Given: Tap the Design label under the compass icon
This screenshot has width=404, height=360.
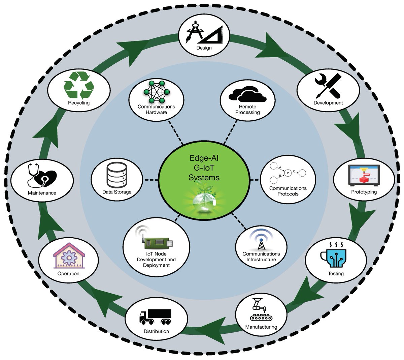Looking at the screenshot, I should tap(204, 48).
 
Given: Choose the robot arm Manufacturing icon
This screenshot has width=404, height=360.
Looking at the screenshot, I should tap(261, 309).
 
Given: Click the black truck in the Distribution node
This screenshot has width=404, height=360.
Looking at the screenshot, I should tap(156, 316).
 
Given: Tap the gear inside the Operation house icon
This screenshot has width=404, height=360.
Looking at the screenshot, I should tap(69, 258).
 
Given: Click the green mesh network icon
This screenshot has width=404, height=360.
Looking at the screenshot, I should tap(156, 92).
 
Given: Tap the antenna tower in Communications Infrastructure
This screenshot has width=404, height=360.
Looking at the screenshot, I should tap(261, 240).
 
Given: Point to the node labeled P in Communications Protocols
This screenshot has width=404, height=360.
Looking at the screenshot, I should tap(288, 173).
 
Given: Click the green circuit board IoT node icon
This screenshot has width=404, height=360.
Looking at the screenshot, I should tap(158, 242).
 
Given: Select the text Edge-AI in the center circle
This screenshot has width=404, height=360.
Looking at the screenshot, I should tap(204, 158).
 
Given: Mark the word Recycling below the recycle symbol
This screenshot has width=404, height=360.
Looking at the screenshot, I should tap(79, 103).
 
